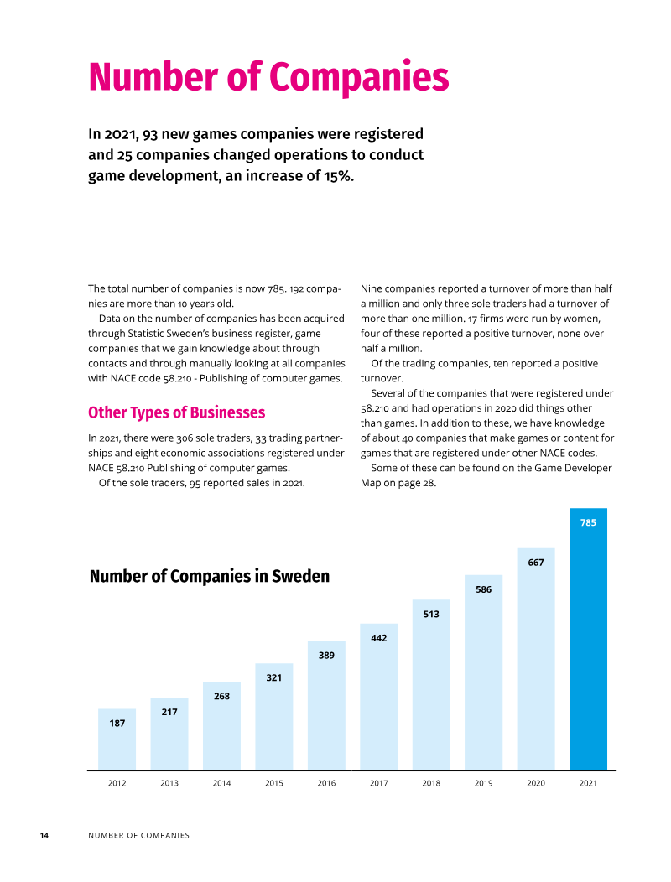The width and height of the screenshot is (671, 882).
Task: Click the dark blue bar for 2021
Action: [588, 639]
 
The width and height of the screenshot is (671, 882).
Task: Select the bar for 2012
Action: [117, 739]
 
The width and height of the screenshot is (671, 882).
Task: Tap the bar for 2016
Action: [326, 705]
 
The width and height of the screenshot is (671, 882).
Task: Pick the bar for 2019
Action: [483, 672]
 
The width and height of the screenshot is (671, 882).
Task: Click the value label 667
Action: [535, 563]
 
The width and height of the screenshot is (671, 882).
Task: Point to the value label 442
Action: [378, 638]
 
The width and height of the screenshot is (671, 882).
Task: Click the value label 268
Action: [221, 697]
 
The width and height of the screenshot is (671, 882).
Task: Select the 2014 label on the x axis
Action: [221, 783]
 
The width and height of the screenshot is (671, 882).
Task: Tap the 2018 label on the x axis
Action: [430, 783]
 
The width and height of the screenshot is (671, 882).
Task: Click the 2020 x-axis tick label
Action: [535, 783]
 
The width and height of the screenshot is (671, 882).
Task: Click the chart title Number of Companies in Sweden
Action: [210, 576]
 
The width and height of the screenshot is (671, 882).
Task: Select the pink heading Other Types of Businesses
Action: [176, 412]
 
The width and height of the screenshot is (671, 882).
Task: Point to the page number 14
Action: [44, 835]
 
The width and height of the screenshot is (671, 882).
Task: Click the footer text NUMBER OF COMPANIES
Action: [138, 835]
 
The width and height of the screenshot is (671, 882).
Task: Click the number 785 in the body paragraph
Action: [277, 288]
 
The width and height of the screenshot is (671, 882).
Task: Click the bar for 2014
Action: [221, 726]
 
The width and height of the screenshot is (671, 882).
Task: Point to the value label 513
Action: [430, 615]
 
